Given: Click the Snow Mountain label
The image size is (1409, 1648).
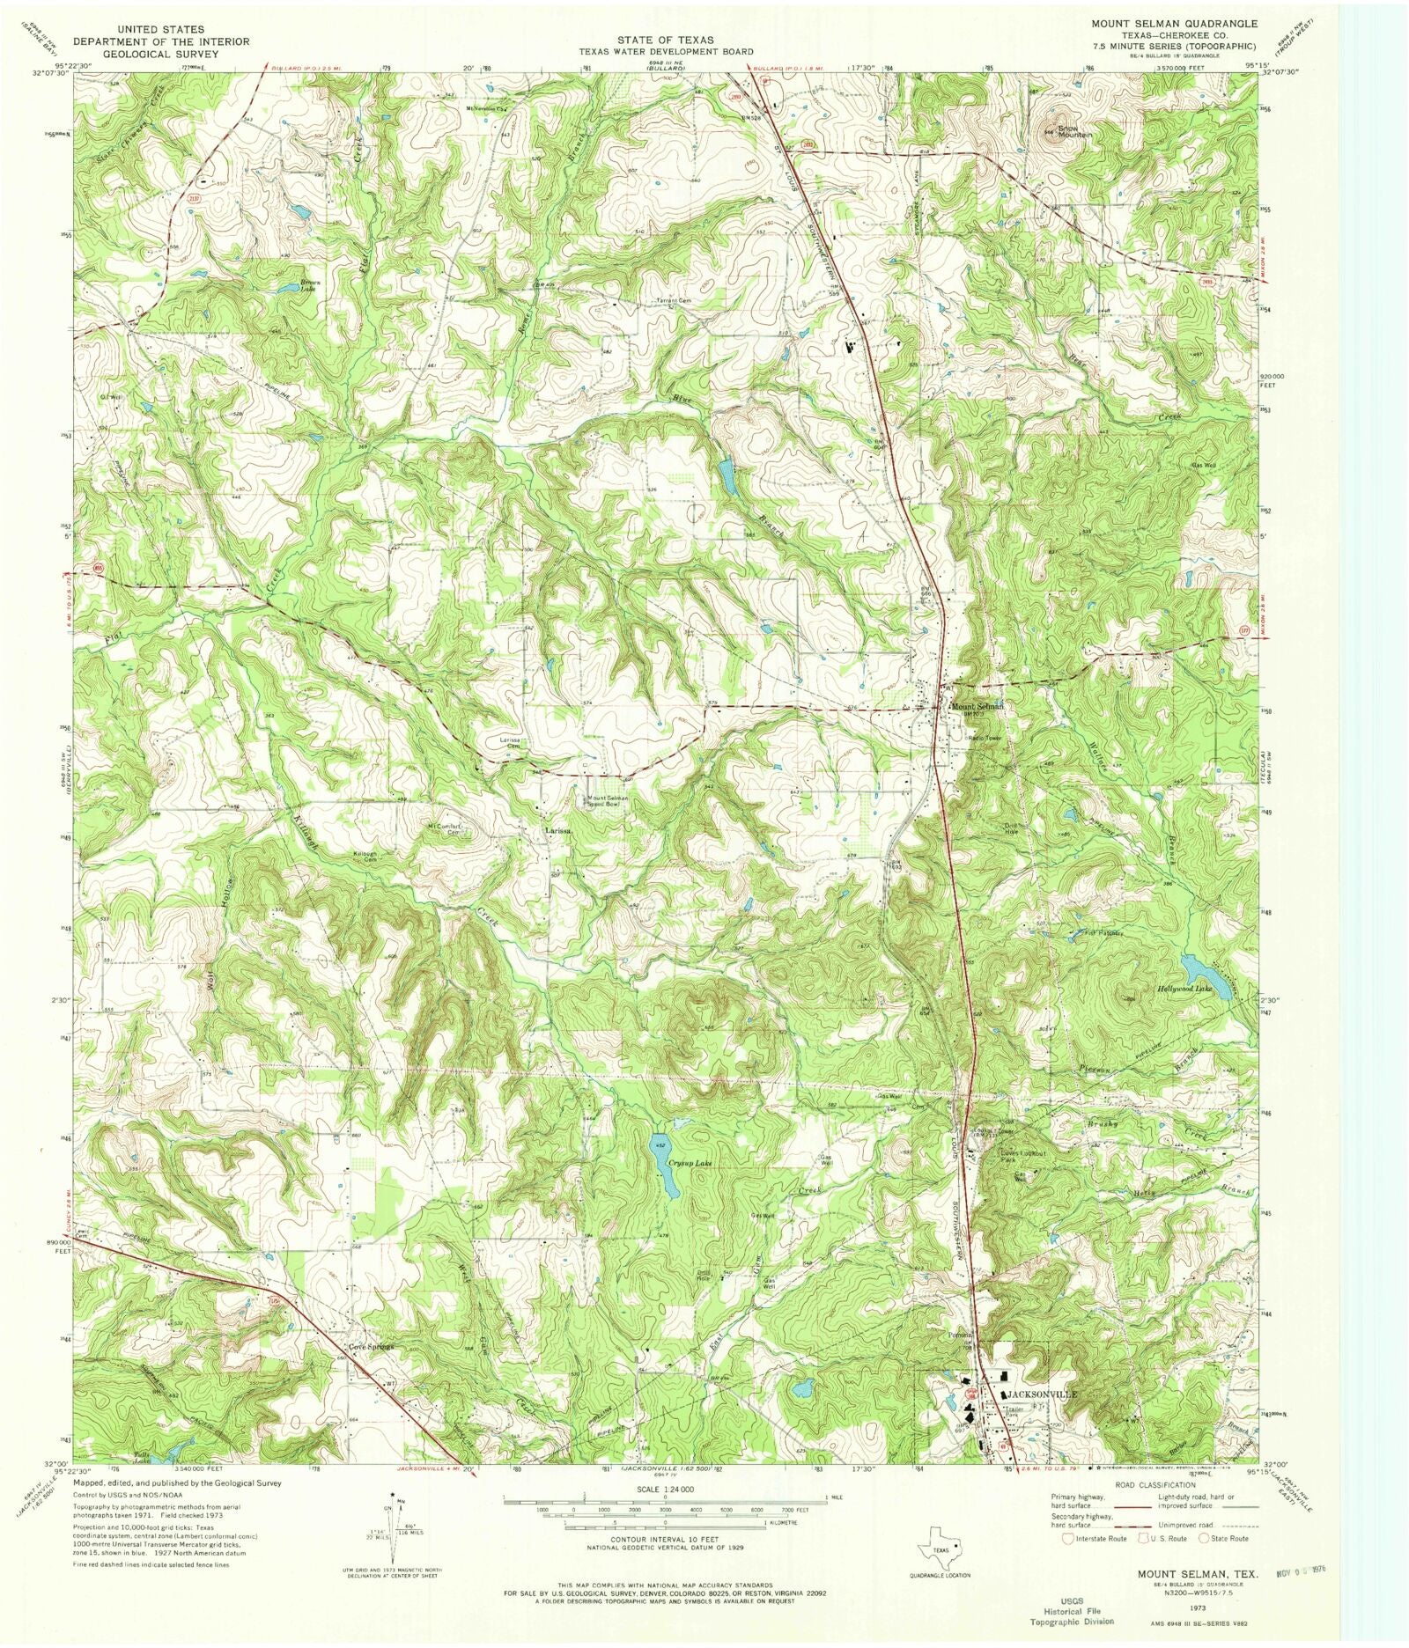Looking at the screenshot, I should pos(1074,131).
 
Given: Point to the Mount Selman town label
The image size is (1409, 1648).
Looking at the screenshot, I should pos(977,706).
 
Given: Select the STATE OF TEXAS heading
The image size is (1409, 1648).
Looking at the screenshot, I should pos(666,40).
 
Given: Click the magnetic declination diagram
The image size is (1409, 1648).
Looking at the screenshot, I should pos(393,1535).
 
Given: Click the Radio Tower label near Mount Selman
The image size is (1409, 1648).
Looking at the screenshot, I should pos(985,738).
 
